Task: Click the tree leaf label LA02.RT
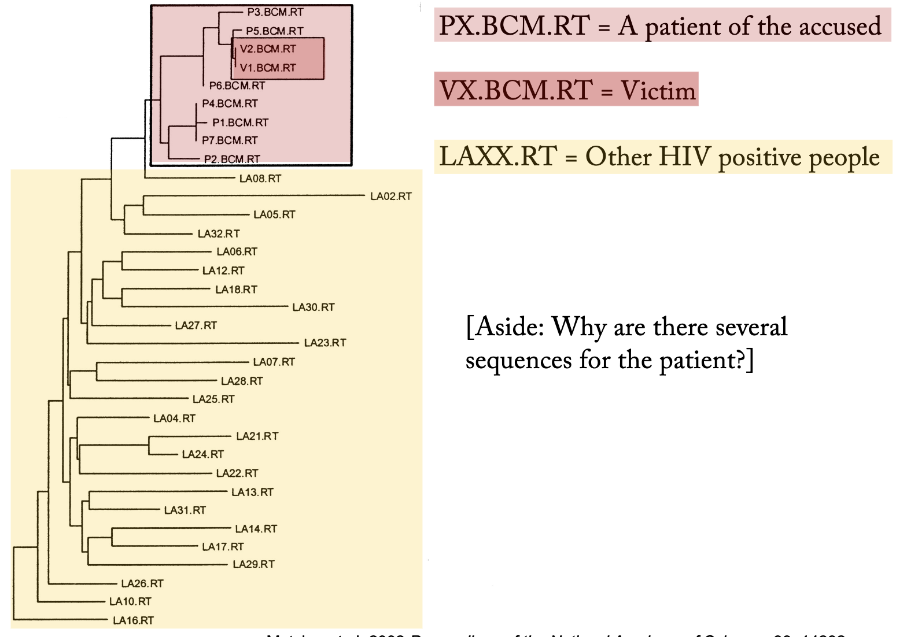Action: (391, 197)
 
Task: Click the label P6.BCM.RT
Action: (237, 86)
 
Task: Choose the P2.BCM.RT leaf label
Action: (232, 159)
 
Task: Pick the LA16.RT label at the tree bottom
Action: (133, 621)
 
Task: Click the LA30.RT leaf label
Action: (314, 307)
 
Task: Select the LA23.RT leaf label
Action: (325, 343)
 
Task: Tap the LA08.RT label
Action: (260, 179)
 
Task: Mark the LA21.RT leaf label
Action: (257, 436)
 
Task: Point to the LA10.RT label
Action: (130, 602)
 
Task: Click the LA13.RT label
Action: (252, 492)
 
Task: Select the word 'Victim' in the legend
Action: (658, 90)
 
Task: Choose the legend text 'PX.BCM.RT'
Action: (514, 26)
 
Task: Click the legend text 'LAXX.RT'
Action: (498, 157)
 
